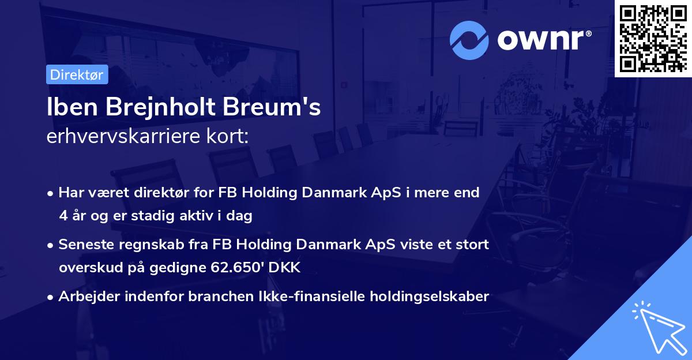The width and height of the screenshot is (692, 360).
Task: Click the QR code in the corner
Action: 653,38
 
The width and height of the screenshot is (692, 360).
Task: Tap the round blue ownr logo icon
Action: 469,40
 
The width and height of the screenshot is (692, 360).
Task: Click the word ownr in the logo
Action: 542,40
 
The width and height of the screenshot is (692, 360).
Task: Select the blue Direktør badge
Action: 77,74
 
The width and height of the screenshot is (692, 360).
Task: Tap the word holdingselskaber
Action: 427,297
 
